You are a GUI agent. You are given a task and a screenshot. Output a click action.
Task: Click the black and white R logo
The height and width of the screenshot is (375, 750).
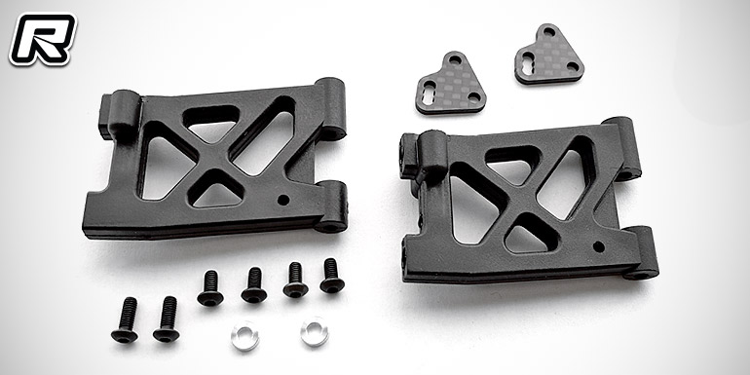(43, 39)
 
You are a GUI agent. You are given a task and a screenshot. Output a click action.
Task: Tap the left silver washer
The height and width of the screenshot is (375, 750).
(244, 336)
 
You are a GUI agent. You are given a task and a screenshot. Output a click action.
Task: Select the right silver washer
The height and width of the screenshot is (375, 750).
(315, 331)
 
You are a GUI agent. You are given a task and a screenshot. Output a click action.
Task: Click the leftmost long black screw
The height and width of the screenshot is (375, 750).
(125, 319)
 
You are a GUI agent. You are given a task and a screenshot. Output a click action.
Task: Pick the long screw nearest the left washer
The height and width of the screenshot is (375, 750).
(167, 319)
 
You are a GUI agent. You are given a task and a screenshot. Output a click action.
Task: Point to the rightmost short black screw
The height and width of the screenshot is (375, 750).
(331, 276)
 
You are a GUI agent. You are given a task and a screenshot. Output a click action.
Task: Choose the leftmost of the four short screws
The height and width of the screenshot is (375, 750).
(210, 288)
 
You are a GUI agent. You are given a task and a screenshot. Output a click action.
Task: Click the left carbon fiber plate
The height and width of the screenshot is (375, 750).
(450, 83)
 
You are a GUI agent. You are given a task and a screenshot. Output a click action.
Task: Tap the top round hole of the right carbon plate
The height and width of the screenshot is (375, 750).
(549, 32)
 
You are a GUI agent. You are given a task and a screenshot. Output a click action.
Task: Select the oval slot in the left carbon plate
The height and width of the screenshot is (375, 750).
(429, 90)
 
